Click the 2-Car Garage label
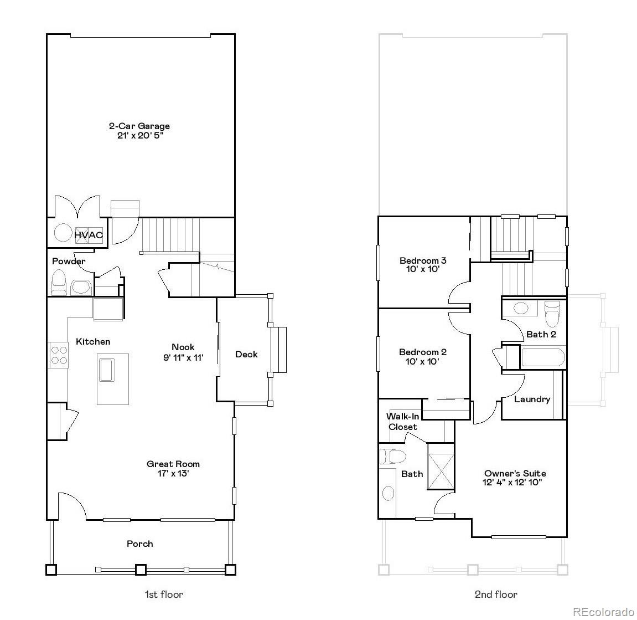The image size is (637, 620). tap(139, 126)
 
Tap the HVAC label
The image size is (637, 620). tap(89, 235)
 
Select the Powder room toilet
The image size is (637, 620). tap(58, 283)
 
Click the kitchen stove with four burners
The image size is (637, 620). tap(58, 355)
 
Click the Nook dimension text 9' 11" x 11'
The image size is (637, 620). tap(183, 357)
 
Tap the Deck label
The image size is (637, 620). tap(246, 354)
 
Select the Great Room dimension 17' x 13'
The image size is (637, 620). tap(173, 474)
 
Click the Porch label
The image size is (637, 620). tap(139, 544)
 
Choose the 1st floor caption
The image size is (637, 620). tap(164, 595)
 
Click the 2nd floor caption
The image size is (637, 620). tap(496, 595)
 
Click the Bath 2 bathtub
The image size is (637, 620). tap(543, 357)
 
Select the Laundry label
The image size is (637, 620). tap(532, 399)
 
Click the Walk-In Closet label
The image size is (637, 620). tap(402, 422)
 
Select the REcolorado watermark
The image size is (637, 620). tap(603, 612)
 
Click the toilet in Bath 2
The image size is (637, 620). tap(552, 314)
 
